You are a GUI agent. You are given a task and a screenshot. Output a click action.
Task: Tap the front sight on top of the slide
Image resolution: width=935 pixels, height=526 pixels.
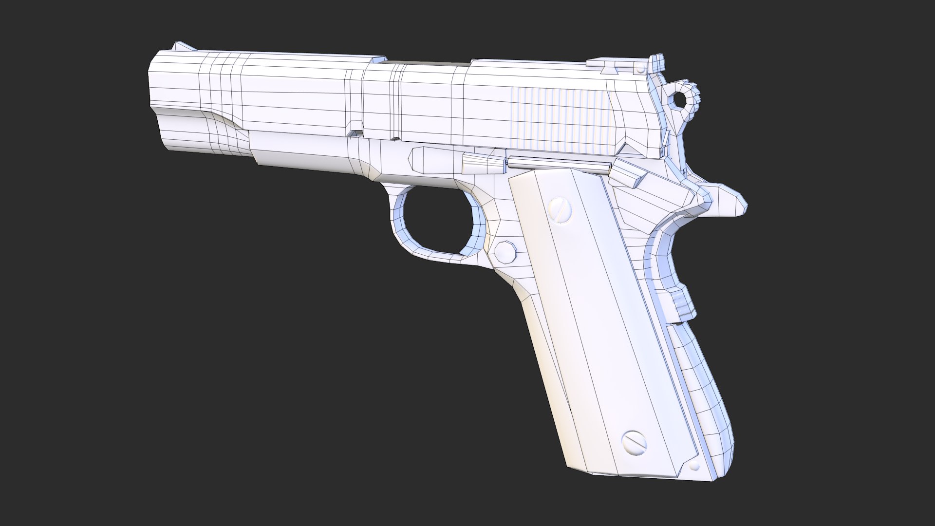click(183, 47)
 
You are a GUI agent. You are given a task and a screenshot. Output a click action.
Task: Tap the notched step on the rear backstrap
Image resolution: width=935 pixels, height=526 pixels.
click(682, 302)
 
